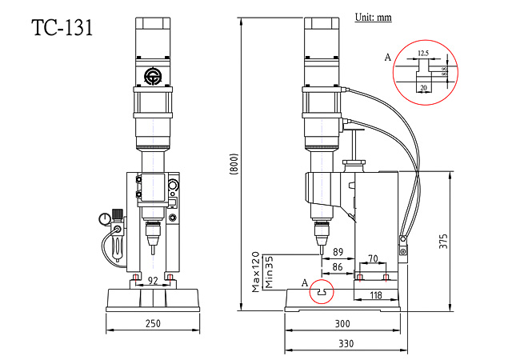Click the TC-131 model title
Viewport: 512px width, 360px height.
(62, 28)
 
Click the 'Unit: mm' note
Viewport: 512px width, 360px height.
(373, 17)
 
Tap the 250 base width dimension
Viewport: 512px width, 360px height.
(153, 323)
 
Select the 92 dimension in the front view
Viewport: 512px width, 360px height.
(153, 281)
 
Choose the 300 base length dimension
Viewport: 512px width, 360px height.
(343, 323)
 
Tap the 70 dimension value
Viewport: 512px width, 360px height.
(373, 258)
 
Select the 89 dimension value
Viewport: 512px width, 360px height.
(338, 252)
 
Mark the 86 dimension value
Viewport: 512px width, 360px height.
(338, 266)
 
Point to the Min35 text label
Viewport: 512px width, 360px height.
(270, 273)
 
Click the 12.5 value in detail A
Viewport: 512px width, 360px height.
(423, 53)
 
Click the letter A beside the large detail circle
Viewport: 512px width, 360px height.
(388, 58)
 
